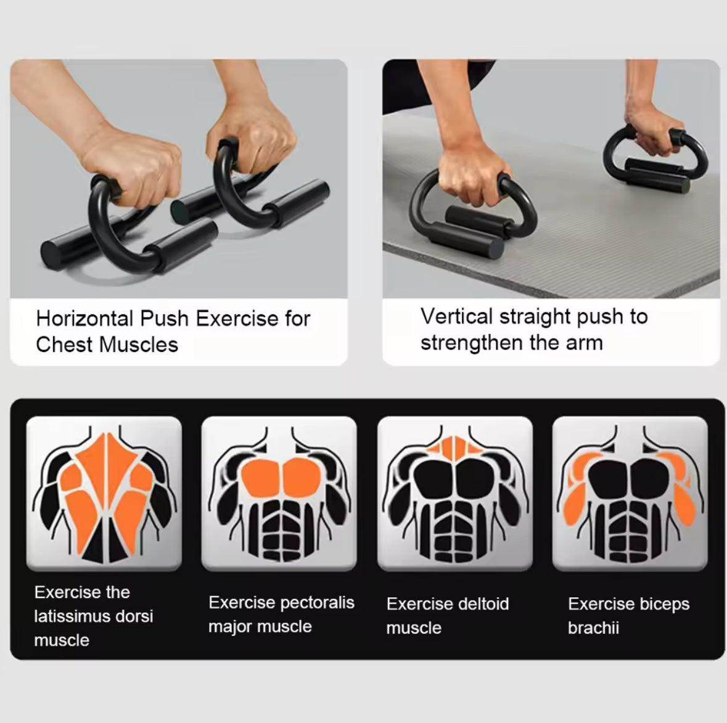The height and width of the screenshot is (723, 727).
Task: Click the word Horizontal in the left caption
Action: (x=84, y=319)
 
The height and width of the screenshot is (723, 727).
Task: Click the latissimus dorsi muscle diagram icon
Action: (x=104, y=492)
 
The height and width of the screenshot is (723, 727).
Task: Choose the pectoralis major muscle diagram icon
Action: (x=279, y=492)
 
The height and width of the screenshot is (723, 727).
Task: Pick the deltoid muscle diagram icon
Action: (x=455, y=492)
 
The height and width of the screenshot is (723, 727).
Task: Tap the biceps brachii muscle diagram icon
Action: (x=630, y=492)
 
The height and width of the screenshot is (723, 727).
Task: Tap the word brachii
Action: (x=593, y=628)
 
